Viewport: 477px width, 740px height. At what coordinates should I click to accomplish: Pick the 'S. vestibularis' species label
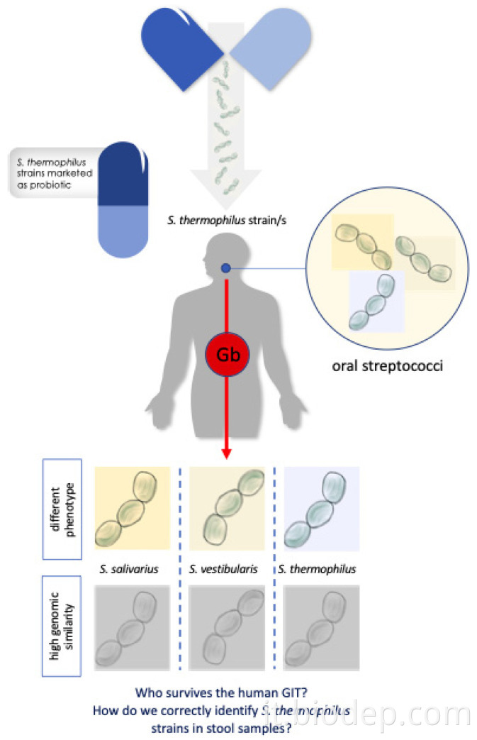click(224, 569)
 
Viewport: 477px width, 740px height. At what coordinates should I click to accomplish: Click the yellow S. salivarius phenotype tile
click(132, 507)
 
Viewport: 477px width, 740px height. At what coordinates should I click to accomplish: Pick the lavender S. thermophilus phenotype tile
click(320, 507)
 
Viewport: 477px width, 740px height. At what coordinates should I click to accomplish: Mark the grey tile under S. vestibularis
click(226, 627)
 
